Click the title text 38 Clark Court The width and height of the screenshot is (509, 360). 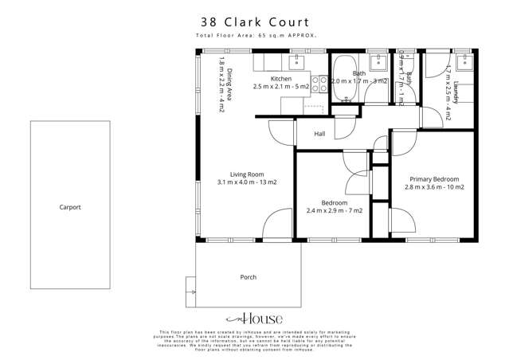[x=254, y=22]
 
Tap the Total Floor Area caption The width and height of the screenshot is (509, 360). [x=254, y=37]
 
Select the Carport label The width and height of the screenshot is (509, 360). [x=70, y=207]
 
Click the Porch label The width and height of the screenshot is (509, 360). [x=248, y=277]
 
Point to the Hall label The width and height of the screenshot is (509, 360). [x=319, y=134]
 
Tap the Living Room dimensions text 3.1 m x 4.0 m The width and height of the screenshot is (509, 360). [x=247, y=182]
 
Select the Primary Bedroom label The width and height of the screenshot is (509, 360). [x=433, y=178]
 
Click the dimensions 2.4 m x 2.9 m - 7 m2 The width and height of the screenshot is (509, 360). [x=334, y=210]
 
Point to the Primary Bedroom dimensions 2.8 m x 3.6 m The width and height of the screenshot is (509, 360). [x=433, y=186]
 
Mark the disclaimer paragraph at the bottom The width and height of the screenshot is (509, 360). [x=254, y=341]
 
